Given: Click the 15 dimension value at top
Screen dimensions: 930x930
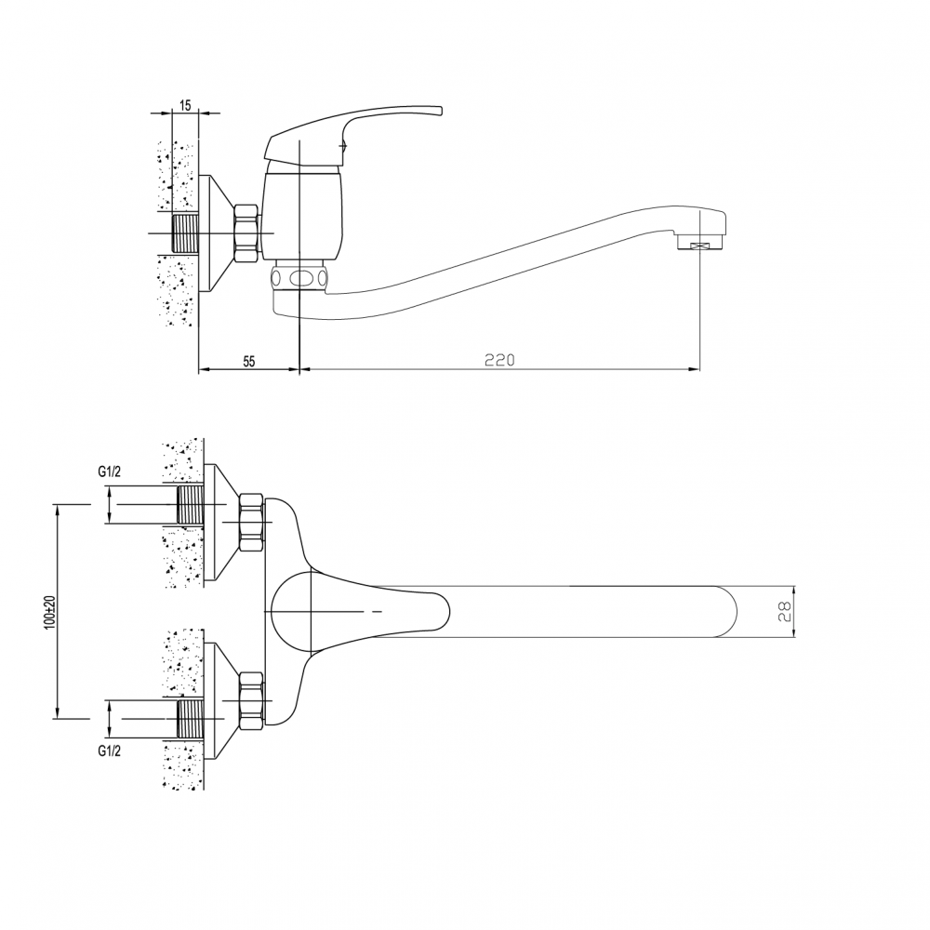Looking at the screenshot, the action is pos(184,106).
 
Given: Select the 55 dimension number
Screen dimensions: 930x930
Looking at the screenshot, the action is pos(249,361).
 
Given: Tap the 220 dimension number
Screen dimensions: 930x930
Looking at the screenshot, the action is pos(499,360).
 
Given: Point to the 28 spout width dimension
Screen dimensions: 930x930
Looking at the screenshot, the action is pos(785,612).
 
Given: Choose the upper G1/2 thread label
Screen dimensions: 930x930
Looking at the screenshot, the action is pos(109,472).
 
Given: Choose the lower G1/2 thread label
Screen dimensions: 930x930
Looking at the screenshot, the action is pos(109,751).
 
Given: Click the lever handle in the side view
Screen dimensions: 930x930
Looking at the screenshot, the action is pos(354,135).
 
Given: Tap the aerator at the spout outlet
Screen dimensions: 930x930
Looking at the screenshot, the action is pos(701,243).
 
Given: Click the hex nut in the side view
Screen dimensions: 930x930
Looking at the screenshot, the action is pos(246,233).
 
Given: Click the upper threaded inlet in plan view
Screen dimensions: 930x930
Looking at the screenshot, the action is pos(191,504).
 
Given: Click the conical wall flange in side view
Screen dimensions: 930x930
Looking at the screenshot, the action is pos(216,233).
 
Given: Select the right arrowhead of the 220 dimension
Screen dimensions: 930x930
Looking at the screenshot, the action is pos(694,369).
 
